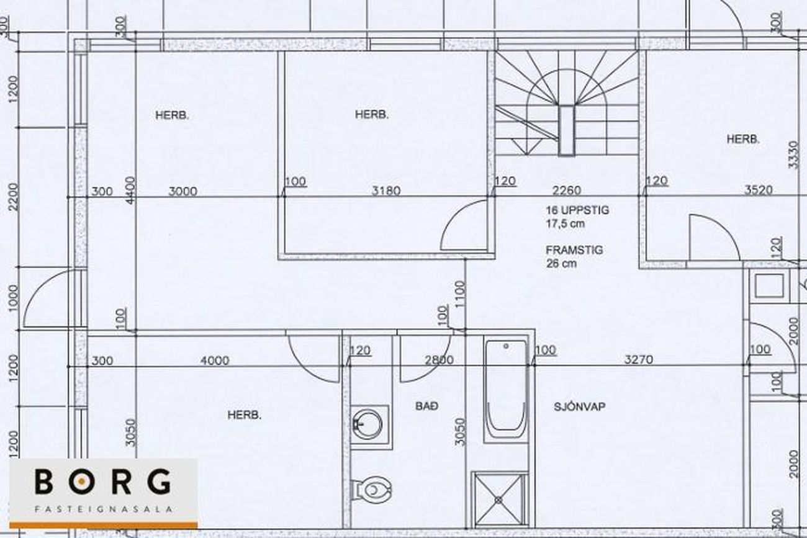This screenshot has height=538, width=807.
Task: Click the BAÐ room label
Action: [x=427, y=406]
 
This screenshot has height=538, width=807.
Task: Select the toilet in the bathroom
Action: [x=371, y=490]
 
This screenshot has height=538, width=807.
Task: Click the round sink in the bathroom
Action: [x=367, y=424]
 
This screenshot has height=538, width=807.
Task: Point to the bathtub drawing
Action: [x=506, y=390]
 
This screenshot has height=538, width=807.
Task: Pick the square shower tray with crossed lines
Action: [x=498, y=500]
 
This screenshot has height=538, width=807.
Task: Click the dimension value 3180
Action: [x=386, y=191]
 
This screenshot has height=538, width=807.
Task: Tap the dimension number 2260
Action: [x=567, y=190]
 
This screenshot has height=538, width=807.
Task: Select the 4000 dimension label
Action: [x=215, y=360]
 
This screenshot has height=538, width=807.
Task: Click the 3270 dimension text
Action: [x=638, y=359]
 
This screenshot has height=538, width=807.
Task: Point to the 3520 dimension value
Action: [x=759, y=190]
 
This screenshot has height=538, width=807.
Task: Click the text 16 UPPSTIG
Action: [x=577, y=210]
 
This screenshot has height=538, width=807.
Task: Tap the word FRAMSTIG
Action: [x=574, y=250]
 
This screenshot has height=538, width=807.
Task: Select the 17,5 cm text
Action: [x=566, y=223]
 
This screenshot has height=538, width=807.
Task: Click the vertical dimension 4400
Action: [x=130, y=190]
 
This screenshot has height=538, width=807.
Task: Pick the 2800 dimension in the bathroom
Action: [x=439, y=360]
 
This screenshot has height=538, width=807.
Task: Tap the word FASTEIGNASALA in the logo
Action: [x=104, y=509]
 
